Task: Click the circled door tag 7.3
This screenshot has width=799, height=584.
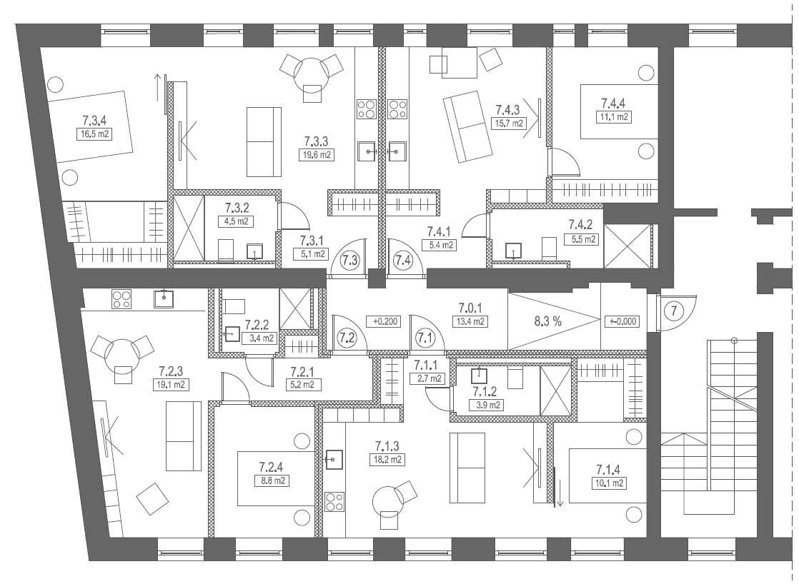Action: point(349,261)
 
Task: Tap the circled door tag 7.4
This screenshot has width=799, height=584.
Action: point(402,261)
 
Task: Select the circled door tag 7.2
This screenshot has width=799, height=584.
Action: point(347,337)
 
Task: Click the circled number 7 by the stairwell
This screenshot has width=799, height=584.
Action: point(674,311)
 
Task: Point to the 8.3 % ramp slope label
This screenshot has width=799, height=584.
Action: point(547,321)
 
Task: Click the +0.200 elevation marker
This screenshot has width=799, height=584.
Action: point(383,322)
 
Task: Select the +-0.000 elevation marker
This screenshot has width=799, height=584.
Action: point(622,322)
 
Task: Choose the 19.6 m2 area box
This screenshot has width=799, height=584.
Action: point(317,155)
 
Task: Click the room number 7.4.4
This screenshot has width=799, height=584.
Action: point(613,104)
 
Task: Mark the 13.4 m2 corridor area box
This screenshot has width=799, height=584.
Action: point(470,322)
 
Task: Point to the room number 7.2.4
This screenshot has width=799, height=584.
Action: point(271,467)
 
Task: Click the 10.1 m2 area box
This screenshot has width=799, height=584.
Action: point(610,483)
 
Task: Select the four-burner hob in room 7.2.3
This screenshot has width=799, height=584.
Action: point(121,299)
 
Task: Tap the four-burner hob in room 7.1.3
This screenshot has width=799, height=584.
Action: point(334,501)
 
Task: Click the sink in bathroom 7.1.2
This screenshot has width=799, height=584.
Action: point(479,376)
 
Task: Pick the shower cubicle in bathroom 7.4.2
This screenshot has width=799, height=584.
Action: point(627,246)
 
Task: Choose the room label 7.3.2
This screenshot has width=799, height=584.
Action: point(237,208)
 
